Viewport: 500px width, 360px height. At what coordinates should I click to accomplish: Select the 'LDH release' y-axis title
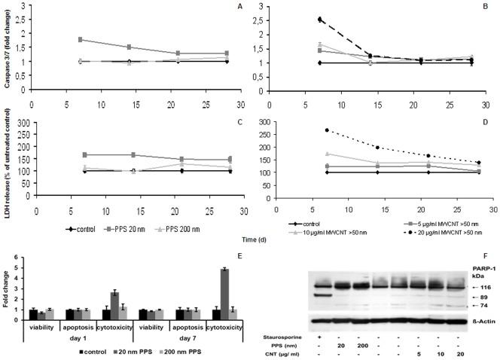pos(7,159)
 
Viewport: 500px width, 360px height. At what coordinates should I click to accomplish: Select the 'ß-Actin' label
pos(478,325)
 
